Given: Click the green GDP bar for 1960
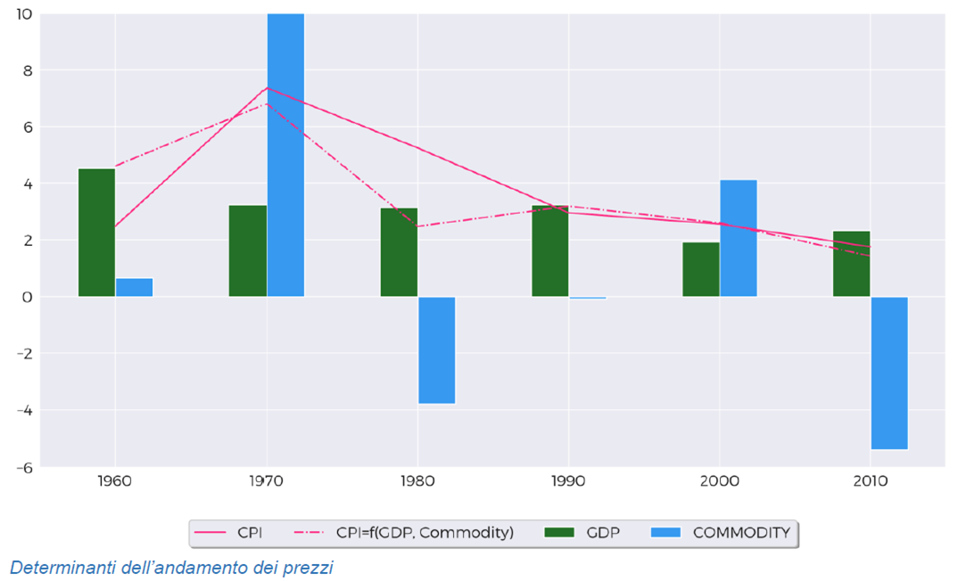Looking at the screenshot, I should coord(96,232).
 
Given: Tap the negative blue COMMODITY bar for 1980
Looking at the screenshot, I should coord(436,350).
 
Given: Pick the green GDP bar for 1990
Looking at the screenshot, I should coord(549,250).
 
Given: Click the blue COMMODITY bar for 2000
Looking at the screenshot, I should coord(738,238).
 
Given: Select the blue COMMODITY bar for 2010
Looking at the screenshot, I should coord(889,372).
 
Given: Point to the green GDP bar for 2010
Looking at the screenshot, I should coord(851,264).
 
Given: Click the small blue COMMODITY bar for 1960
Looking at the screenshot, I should coord(135,287).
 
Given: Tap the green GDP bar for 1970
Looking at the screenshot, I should coord(248,250).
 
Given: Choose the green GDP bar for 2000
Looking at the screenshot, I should coord(700,269).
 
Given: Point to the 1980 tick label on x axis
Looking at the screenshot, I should coord(417,481).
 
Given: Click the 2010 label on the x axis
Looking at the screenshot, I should coord(871,481).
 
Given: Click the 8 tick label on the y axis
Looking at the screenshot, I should coord(28,70).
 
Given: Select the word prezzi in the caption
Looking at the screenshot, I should coord(310,568).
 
